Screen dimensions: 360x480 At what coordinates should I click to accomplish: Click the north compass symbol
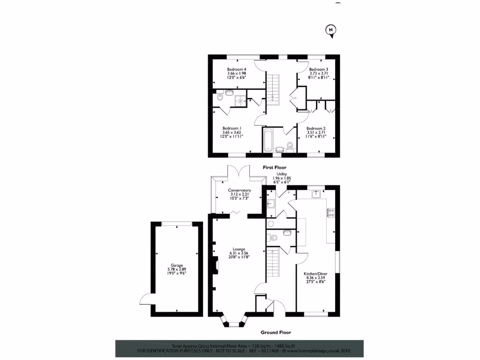[331, 30]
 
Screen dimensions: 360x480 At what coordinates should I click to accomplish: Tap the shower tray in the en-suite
[240, 99]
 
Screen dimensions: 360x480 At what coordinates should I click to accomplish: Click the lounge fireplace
[216, 266]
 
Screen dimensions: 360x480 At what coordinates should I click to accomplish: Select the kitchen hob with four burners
[330, 212]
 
